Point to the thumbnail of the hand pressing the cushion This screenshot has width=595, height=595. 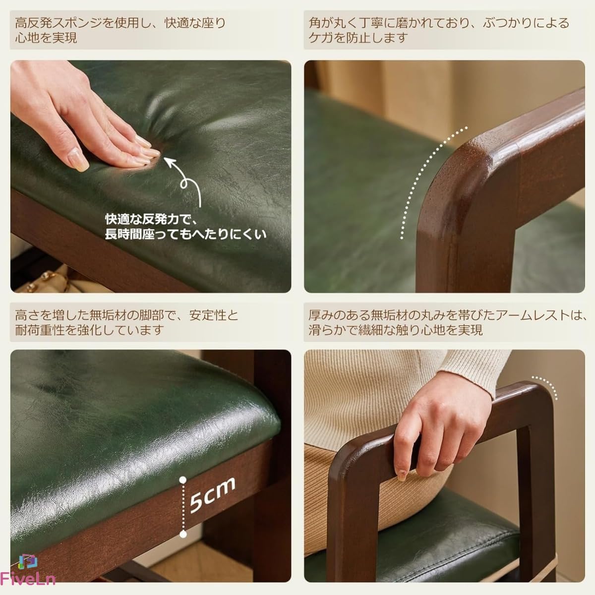(x=151, y=177)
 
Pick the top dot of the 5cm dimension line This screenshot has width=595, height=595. (x=183, y=480)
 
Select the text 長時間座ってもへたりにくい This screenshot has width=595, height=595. (x=185, y=235)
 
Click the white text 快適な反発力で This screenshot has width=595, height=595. (x=148, y=219)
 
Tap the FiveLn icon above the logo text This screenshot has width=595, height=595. (x=28, y=562)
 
